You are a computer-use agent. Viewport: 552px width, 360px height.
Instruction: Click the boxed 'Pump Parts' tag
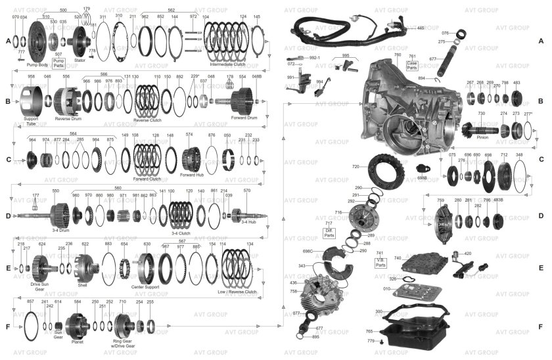pyautogui.click(x=58, y=63)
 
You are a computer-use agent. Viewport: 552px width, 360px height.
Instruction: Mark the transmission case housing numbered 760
pyautogui.click(x=407, y=105)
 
